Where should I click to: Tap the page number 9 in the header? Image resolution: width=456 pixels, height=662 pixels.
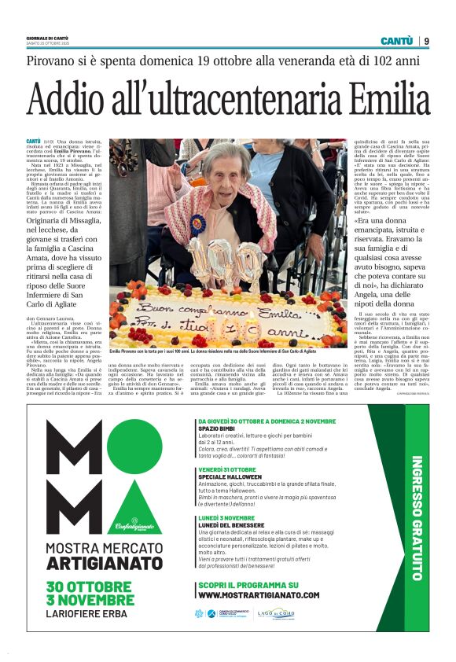[427, 41]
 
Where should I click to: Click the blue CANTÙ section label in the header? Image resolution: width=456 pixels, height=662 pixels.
[396, 41]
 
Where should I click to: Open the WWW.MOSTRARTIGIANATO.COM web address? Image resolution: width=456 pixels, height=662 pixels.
[259, 594]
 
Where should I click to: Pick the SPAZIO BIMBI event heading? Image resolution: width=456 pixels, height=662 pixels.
[217, 428]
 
